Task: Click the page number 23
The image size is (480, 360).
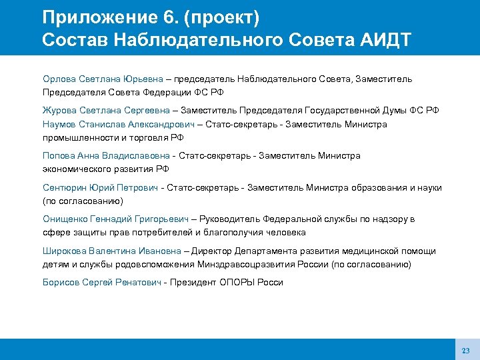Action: (x=465, y=351)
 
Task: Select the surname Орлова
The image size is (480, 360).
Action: (x=59, y=79)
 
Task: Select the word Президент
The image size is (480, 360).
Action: (x=194, y=283)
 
